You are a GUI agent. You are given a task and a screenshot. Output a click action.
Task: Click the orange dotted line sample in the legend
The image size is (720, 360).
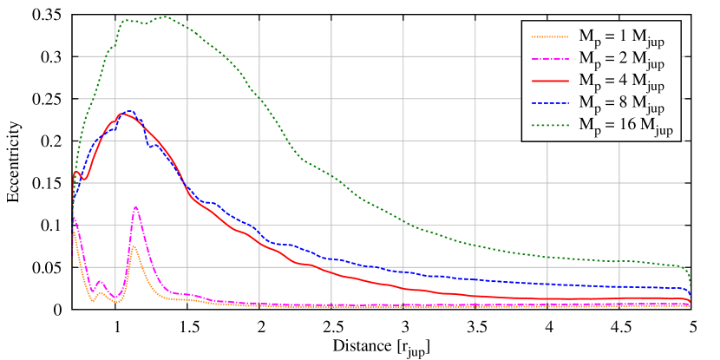(x=549, y=36)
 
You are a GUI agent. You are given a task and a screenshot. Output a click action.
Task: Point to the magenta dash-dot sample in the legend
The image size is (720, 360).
(x=549, y=59)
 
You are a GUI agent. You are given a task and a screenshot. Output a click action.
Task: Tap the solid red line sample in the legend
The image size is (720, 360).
(x=549, y=82)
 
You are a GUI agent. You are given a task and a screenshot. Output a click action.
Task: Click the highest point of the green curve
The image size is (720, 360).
(x=163, y=16)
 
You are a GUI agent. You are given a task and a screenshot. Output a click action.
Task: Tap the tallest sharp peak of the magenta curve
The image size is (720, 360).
(x=136, y=206)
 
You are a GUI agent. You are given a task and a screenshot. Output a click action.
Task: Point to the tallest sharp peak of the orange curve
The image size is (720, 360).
(x=134, y=246)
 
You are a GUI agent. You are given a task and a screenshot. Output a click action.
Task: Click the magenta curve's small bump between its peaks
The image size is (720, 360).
(x=100, y=281)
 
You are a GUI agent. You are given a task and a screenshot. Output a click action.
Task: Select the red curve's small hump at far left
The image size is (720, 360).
(x=76, y=172)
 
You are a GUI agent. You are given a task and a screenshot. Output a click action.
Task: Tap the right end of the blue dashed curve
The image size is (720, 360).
(x=689, y=296)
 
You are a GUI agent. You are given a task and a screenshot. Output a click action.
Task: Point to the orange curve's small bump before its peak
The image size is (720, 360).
(x=101, y=293)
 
